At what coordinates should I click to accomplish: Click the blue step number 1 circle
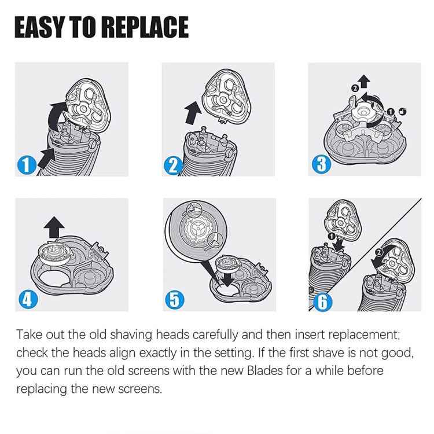click(24, 165)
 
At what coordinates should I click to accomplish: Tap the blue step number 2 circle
click(172, 165)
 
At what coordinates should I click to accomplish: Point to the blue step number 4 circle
click(25, 299)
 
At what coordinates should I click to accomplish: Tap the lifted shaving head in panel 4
click(53, 253)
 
